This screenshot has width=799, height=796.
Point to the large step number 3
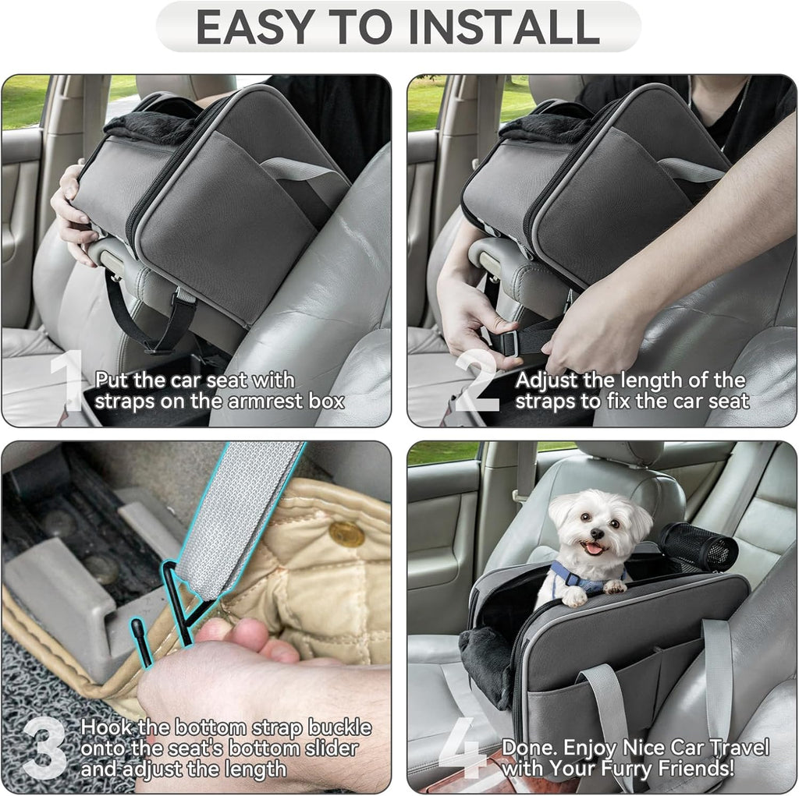(x=46, y=748)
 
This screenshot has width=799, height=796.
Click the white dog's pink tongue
(x=595, y=548)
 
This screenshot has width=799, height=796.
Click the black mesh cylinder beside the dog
(x=699, y=547)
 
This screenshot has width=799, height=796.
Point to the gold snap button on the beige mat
(x=346, y=533)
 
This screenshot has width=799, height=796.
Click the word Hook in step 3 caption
(x=106, y=728)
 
